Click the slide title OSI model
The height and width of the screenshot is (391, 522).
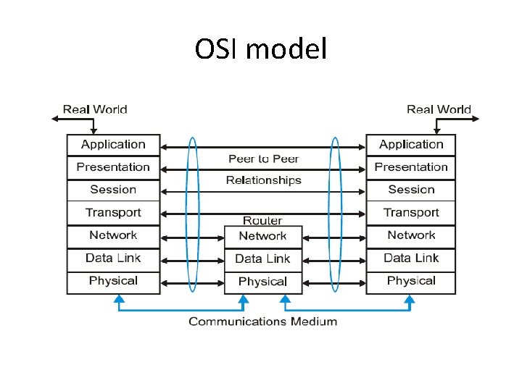[261, 49]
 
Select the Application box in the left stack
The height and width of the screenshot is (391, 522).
[113, 145]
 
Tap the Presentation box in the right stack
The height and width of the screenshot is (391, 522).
[411, 167]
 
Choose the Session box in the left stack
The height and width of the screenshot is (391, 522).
[113, 190]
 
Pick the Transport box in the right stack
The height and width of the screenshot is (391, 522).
[411, 212]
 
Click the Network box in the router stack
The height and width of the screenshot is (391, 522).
[262, 236]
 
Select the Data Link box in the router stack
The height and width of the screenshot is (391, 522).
[262, 258]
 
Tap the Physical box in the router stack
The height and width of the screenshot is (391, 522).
[262, 282]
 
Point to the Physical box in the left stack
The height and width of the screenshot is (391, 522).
[113, 281]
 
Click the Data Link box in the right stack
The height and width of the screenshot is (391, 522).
[411, 258]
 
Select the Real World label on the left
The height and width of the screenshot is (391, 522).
[95, 110]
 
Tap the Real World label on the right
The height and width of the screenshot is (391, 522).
[439, 110]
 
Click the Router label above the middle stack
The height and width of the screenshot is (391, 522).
[262, 220]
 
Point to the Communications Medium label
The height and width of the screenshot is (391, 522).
[262, 321]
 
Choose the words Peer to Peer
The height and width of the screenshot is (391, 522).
[263, 159]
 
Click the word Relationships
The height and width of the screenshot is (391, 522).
[263, 180]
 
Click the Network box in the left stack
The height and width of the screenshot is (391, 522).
[113, 235]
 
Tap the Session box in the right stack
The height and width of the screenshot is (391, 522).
[411, 190]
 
